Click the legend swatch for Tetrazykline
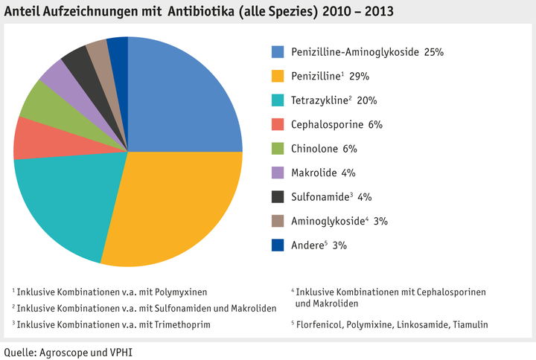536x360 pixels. (278, 100)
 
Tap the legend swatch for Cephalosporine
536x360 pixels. (278, 124)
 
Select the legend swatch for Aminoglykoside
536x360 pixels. (278, 221)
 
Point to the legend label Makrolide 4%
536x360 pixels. (324, 173)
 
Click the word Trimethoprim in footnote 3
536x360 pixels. (182, 324)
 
